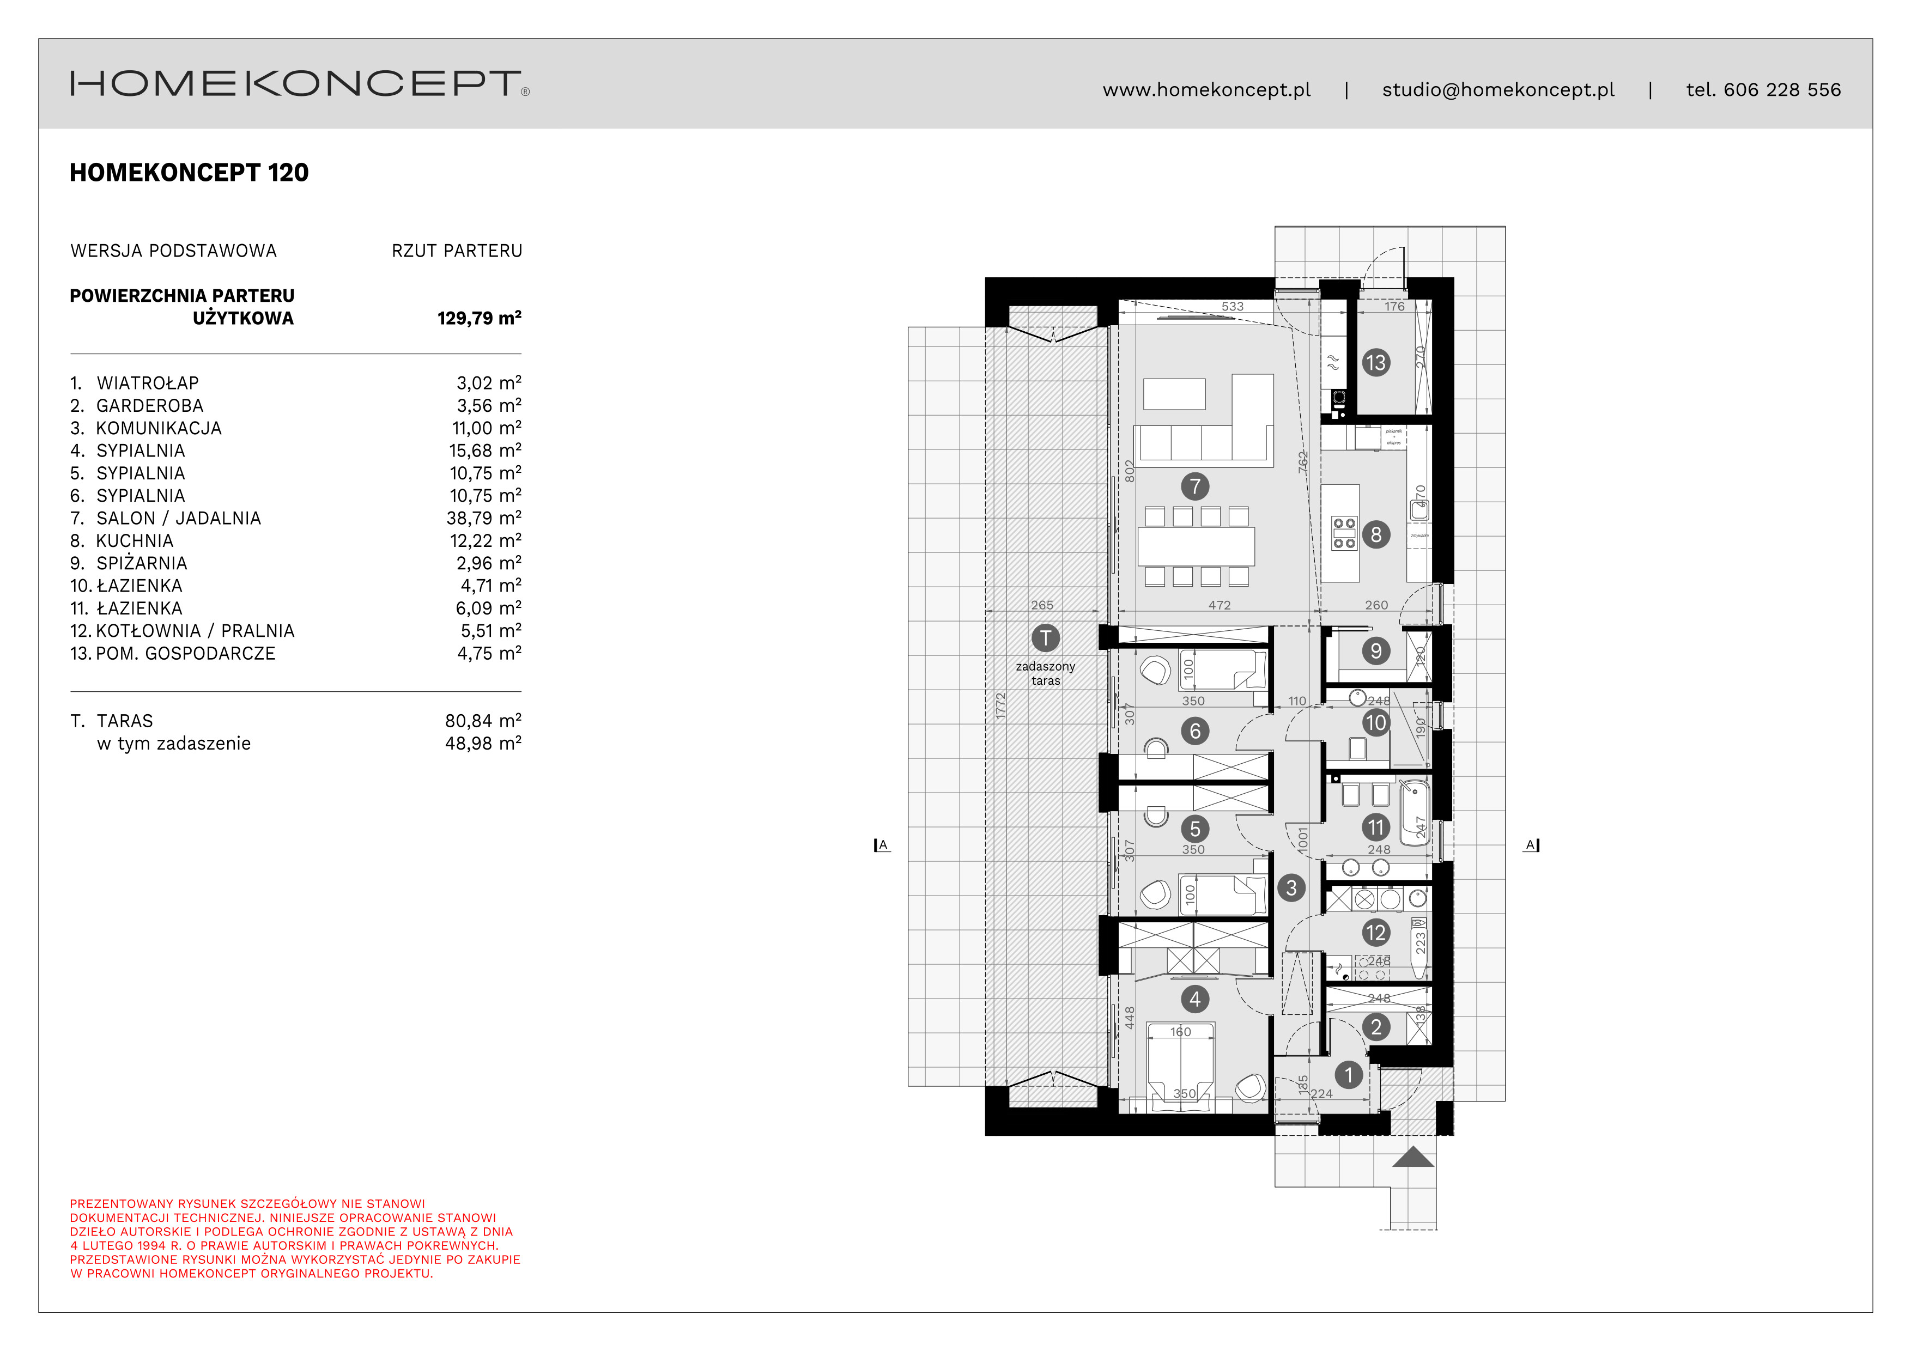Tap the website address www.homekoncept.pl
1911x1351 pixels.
click(x=1206, y=90)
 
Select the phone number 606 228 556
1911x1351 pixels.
click(x=1781, y=90)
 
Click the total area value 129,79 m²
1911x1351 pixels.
click(x=478, y=318)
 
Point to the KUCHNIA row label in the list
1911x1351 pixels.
click(x=134, y=541)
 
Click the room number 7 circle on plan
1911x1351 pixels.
click(x=1195, y=486)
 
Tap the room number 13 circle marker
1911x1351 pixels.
click(x=1375, y=363)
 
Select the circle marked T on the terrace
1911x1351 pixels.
click(x=1045, y=638)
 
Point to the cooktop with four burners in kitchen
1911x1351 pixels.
click(x=1344, y=533)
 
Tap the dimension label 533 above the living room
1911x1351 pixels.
click(x=1232, y=306)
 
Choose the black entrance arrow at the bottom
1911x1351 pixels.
click(x=1412, y=1157)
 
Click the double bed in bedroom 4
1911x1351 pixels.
click(x=1180, y=1069)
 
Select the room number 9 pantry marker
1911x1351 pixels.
click(x=1375, y=650)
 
